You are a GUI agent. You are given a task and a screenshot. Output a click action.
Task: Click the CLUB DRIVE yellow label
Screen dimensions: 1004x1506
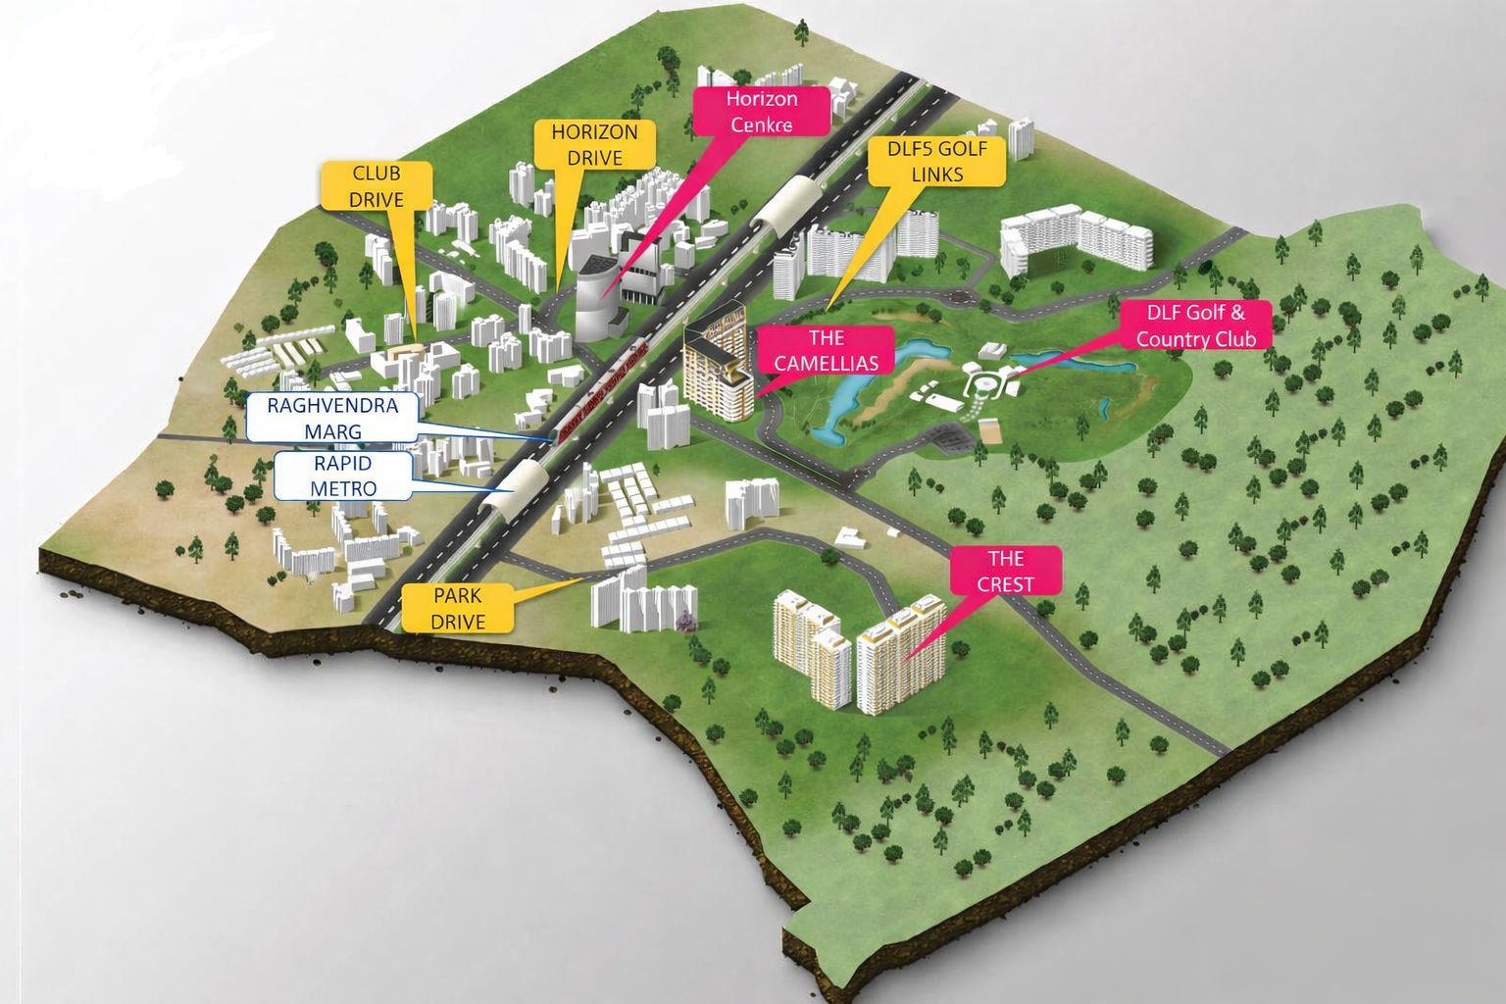click(376, 185)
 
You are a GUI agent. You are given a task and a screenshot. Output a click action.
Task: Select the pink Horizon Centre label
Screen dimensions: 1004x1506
click(762, 111)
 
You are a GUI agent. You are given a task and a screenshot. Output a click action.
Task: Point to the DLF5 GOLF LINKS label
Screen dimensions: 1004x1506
click(937, 161)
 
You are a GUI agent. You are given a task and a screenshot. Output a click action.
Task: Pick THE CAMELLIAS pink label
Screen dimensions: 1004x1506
click(826, 350)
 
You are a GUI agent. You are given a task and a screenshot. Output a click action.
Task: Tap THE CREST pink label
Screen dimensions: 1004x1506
click(1005, 571)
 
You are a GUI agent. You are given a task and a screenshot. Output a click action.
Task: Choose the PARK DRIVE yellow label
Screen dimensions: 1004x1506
click(458, 608)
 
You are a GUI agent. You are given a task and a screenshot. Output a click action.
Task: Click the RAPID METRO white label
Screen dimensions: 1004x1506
click(343, 476)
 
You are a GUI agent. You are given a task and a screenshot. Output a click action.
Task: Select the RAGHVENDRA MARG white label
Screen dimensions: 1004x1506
click(332, 419)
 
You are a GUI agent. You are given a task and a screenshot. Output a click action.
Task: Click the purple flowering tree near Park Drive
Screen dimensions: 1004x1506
click(685, 618)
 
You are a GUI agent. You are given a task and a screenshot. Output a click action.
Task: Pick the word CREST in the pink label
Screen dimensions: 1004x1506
click(1005, 584)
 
